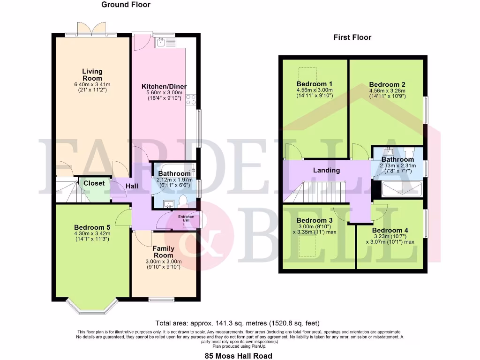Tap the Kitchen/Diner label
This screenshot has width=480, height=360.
pos(164,87)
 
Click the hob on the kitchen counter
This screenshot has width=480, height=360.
pos(191,100)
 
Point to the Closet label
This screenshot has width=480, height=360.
pos(94,183)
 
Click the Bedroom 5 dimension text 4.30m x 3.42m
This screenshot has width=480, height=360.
pos(92,233)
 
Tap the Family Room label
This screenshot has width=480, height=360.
pos(164,252)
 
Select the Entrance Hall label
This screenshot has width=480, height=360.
pos(186,218)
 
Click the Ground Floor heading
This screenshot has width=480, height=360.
pos(126,5)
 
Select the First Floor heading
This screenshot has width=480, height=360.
pos(352,37)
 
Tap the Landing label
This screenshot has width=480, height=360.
pos(326,170)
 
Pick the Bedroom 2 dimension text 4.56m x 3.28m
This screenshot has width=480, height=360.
pos(387,91)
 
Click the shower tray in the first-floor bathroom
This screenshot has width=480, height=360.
pos(402,189)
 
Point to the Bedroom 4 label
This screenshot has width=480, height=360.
pos(390,230)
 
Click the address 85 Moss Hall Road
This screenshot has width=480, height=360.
pos(239,356)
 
